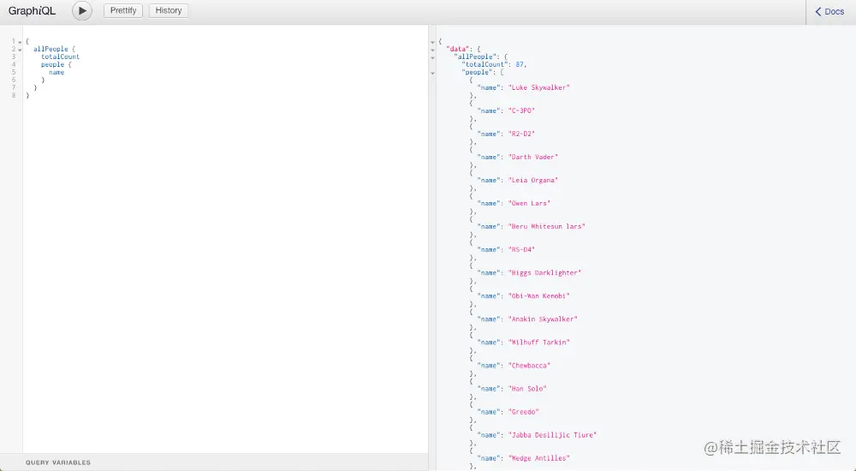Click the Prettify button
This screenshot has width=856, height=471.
[x=122, y=10]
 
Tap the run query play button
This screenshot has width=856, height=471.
[x=82, y=10]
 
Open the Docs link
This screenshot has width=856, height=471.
[x=829, y=11]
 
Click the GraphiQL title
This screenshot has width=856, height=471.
[x=32, y=11]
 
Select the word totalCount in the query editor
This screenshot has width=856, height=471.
[x=60, y=57]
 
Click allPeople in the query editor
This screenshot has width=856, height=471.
[x=51, y=49]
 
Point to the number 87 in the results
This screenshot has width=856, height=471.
[x=520, y=64]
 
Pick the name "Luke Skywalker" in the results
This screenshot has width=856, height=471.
[x=538, y=87]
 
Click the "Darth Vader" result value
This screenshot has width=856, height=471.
[x=532, y=157]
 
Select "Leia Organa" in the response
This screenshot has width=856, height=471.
[x=532, y=181]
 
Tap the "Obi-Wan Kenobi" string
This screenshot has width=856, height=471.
[x=538, y=296]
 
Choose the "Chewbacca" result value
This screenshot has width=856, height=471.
[x=529, y=366]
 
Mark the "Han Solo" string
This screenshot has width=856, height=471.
[x=527, y=389]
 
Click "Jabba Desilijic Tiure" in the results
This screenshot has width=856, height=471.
[x=552, y=435]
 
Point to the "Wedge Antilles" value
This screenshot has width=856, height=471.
[x=538, y=458]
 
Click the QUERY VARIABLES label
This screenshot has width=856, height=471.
[x=58, y=462]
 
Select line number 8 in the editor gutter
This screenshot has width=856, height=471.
[x=14, y=96]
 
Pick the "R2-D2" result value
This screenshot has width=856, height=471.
[x=521, y=134]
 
